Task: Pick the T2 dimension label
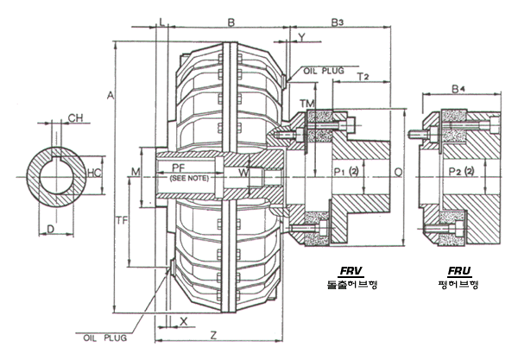click(x=363, y=77)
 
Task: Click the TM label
click(x=306, y=104)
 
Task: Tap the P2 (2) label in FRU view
click(x=463, y=173)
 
